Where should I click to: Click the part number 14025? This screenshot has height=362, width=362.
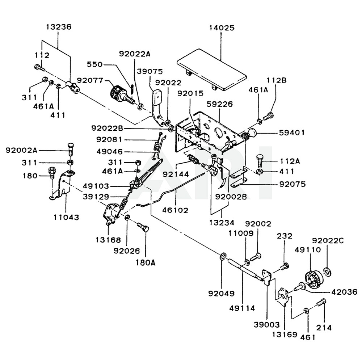222,28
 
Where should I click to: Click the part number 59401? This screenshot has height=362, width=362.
291,133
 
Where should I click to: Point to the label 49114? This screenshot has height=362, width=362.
242,308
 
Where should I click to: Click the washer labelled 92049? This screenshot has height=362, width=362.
222,257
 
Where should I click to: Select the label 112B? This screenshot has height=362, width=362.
277,81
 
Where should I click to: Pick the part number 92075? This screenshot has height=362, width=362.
292,184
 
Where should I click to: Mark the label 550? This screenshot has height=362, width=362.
95,64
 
